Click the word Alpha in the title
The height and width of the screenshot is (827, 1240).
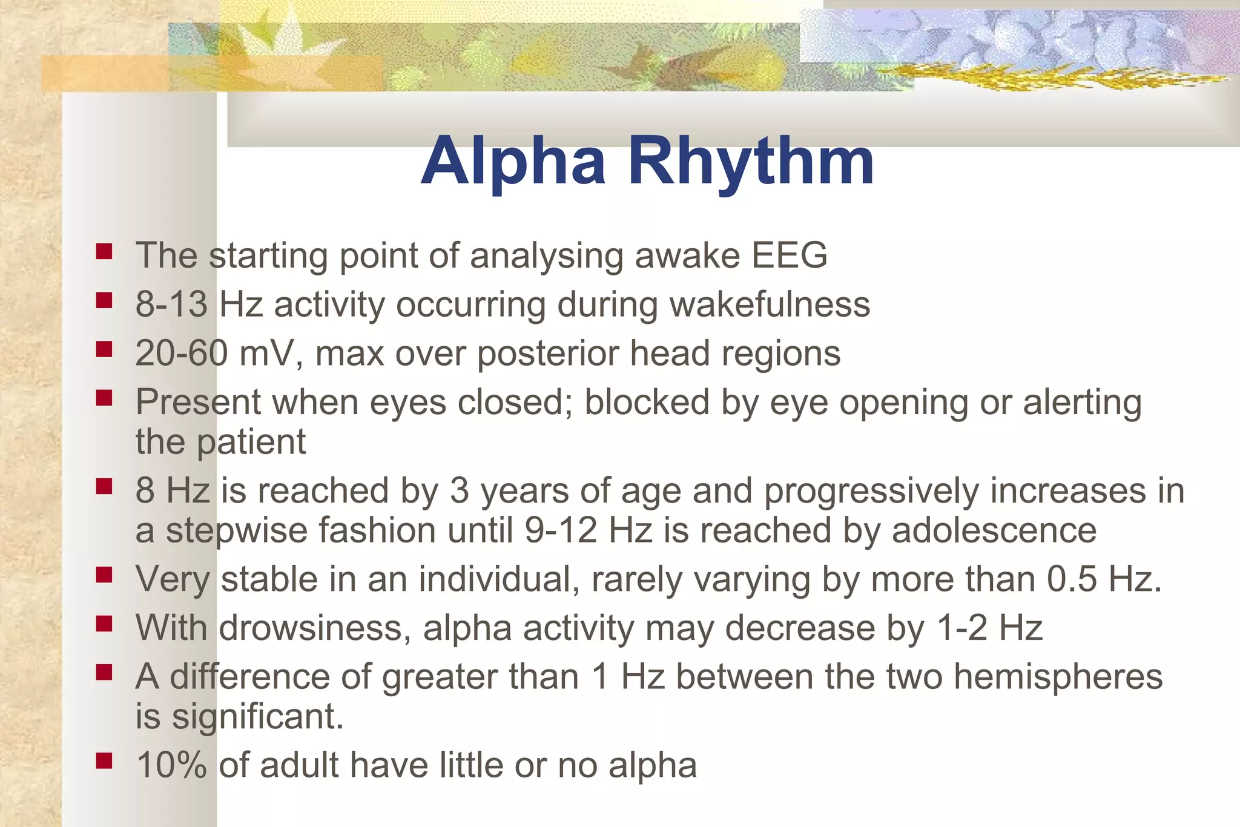point(513,161)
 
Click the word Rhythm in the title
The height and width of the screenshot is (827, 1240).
point(751,161)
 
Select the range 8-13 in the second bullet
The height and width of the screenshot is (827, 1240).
point(171,304)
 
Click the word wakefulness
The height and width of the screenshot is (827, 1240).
point(770,304)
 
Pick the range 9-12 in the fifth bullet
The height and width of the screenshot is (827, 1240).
point(561,530)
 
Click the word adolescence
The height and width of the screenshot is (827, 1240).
point(994,530)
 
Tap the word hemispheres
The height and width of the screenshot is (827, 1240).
point(1058,676)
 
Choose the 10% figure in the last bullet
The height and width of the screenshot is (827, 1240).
point(171,765)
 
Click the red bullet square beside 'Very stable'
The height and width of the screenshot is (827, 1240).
point(104,575)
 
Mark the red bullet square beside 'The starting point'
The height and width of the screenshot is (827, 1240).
point(104,251)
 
